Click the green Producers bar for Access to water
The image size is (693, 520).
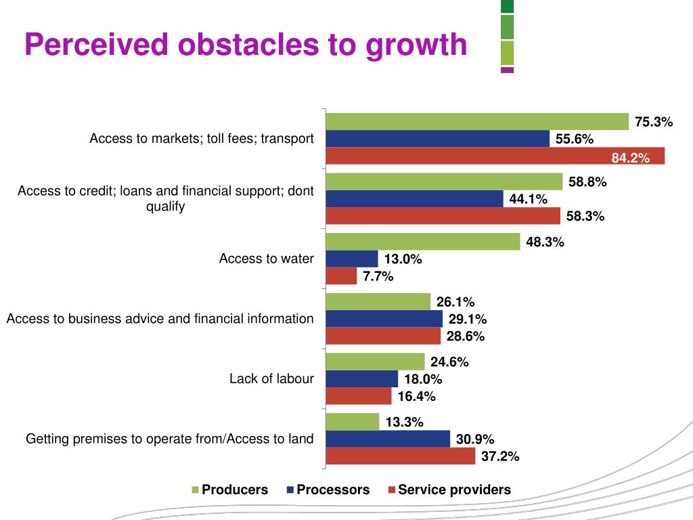(x=423, y=242)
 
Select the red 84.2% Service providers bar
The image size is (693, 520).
(x=495, y=156)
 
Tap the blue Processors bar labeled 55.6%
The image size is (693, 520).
(x=437, y=139)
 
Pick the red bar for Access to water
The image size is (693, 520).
(x=341, y=276)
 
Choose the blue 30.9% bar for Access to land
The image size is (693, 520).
(x=388, y=439)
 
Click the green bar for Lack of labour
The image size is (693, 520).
(x=375, y=362)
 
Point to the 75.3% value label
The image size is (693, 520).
(x=654, y=122)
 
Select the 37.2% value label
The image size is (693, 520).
(x=500, y=456)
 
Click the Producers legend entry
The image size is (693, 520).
(x=230, y=490)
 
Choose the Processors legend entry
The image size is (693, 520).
(x=328, y=490)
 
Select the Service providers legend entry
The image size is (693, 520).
(x=449, y=490)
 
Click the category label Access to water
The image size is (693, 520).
(x=267, y=259)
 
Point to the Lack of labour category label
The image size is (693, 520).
(x=271, y=378)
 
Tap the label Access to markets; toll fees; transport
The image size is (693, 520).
(x=202, y=139)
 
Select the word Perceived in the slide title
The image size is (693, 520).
(x=95, y=45)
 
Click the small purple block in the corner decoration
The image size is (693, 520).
(x=507, y=70)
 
